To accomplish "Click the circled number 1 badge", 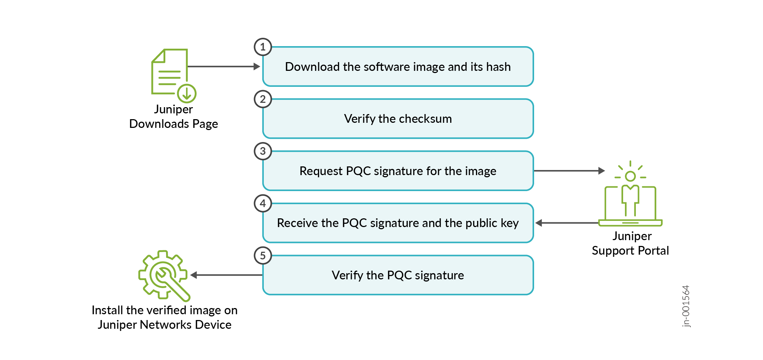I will point(263,47).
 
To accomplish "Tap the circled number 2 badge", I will point(263,99).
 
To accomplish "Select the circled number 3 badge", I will point(263,151).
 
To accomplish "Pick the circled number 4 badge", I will point(263,203).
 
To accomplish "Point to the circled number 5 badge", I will point(263,256).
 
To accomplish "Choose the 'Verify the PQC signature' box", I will point(398,275).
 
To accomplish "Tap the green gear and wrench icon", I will point(164,276).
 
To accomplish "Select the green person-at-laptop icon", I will point(630,194).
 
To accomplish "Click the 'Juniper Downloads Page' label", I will point(174,117).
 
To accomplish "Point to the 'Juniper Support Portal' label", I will point(630,243).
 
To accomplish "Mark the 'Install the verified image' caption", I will point(165,317).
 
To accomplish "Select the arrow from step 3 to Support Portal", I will point(569,171).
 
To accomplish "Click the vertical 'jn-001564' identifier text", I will point(686,306).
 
